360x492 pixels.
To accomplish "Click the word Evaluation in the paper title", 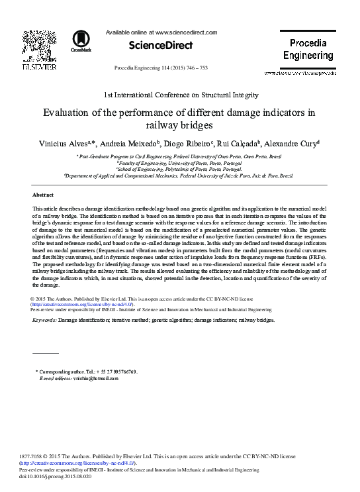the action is tap(71, 113).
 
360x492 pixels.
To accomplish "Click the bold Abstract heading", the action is tap(43, 195).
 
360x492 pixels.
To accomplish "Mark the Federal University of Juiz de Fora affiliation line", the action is tap(179, 177).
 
